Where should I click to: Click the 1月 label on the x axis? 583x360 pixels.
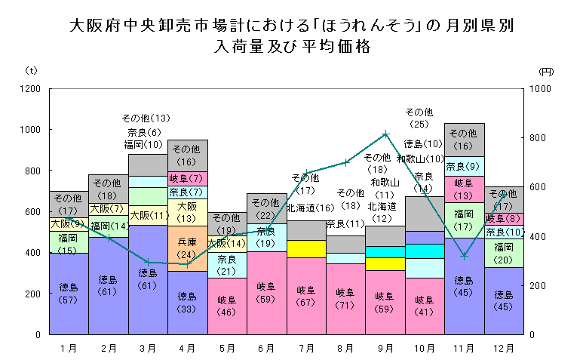pyautogui.click(x=68, y=348)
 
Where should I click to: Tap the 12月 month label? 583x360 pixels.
pyautogui.click(x=504, y=348)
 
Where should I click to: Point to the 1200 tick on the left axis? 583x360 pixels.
pyautogui.click(x=31, y=89)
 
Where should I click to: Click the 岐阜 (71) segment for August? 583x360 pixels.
pyautogui.click(x=345, y=298)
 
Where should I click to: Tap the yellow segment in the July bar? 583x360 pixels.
pyautogui.click(x=306, y=248)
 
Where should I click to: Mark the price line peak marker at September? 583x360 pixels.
pyautogui.click(x=385, y=134)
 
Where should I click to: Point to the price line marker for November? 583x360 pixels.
pyautogui.click(x=465, y=256)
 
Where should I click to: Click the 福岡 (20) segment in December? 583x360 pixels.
pyautogui.click(x=504, y=252)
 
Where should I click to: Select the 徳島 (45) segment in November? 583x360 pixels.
pyautogui.click(x=465, y=285)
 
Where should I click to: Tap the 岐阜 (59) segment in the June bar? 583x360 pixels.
pyautogui.click(x=266, y=293)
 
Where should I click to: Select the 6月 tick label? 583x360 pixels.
pyautogui.click(x=266, y=348)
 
